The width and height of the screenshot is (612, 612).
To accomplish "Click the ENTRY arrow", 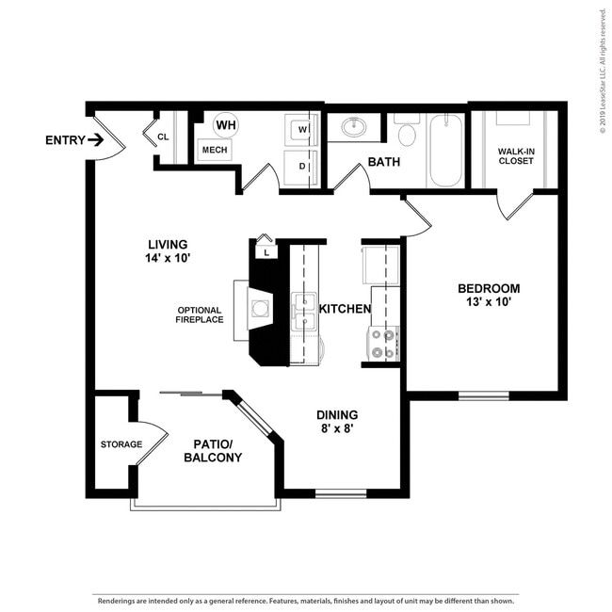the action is [x=96, y=139].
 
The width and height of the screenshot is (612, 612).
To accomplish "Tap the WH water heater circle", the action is [x=226, y=125].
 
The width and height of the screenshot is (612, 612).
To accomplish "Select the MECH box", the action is [x=215, y=150].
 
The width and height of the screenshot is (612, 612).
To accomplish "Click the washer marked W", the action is [x=301, y=130].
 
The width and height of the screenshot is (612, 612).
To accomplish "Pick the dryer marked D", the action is [x=301, y=167].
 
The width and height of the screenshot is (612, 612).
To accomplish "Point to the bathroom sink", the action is [x=354, y=126].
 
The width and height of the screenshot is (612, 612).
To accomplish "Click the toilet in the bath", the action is [x=407, y=130].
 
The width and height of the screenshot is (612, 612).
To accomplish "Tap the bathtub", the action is [x=446, y=151].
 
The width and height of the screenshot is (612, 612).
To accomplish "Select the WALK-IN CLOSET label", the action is [x=516, y=156].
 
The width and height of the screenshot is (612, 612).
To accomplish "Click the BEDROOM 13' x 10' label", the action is [x=489, y=295].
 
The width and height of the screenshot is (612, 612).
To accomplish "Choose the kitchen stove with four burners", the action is [x=383, y=344].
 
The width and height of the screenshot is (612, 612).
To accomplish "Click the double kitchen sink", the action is [x=304, y=312].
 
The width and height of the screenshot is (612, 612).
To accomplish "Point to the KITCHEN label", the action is [x=345, y=309].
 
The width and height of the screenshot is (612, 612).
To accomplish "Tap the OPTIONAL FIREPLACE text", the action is [x=200, y=315].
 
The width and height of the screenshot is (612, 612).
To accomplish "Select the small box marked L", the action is [x=266, y=252].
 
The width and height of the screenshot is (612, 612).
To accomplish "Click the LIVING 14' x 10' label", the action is [x=168, y=251].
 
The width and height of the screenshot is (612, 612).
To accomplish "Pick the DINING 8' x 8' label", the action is [x=337, y=422].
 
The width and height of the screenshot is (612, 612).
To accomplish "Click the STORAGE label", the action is [x=121, y=444].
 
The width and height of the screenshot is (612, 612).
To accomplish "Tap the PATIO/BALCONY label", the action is [x=213, y=451].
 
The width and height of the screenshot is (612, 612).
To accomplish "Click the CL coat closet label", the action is [x=163, y=137].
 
